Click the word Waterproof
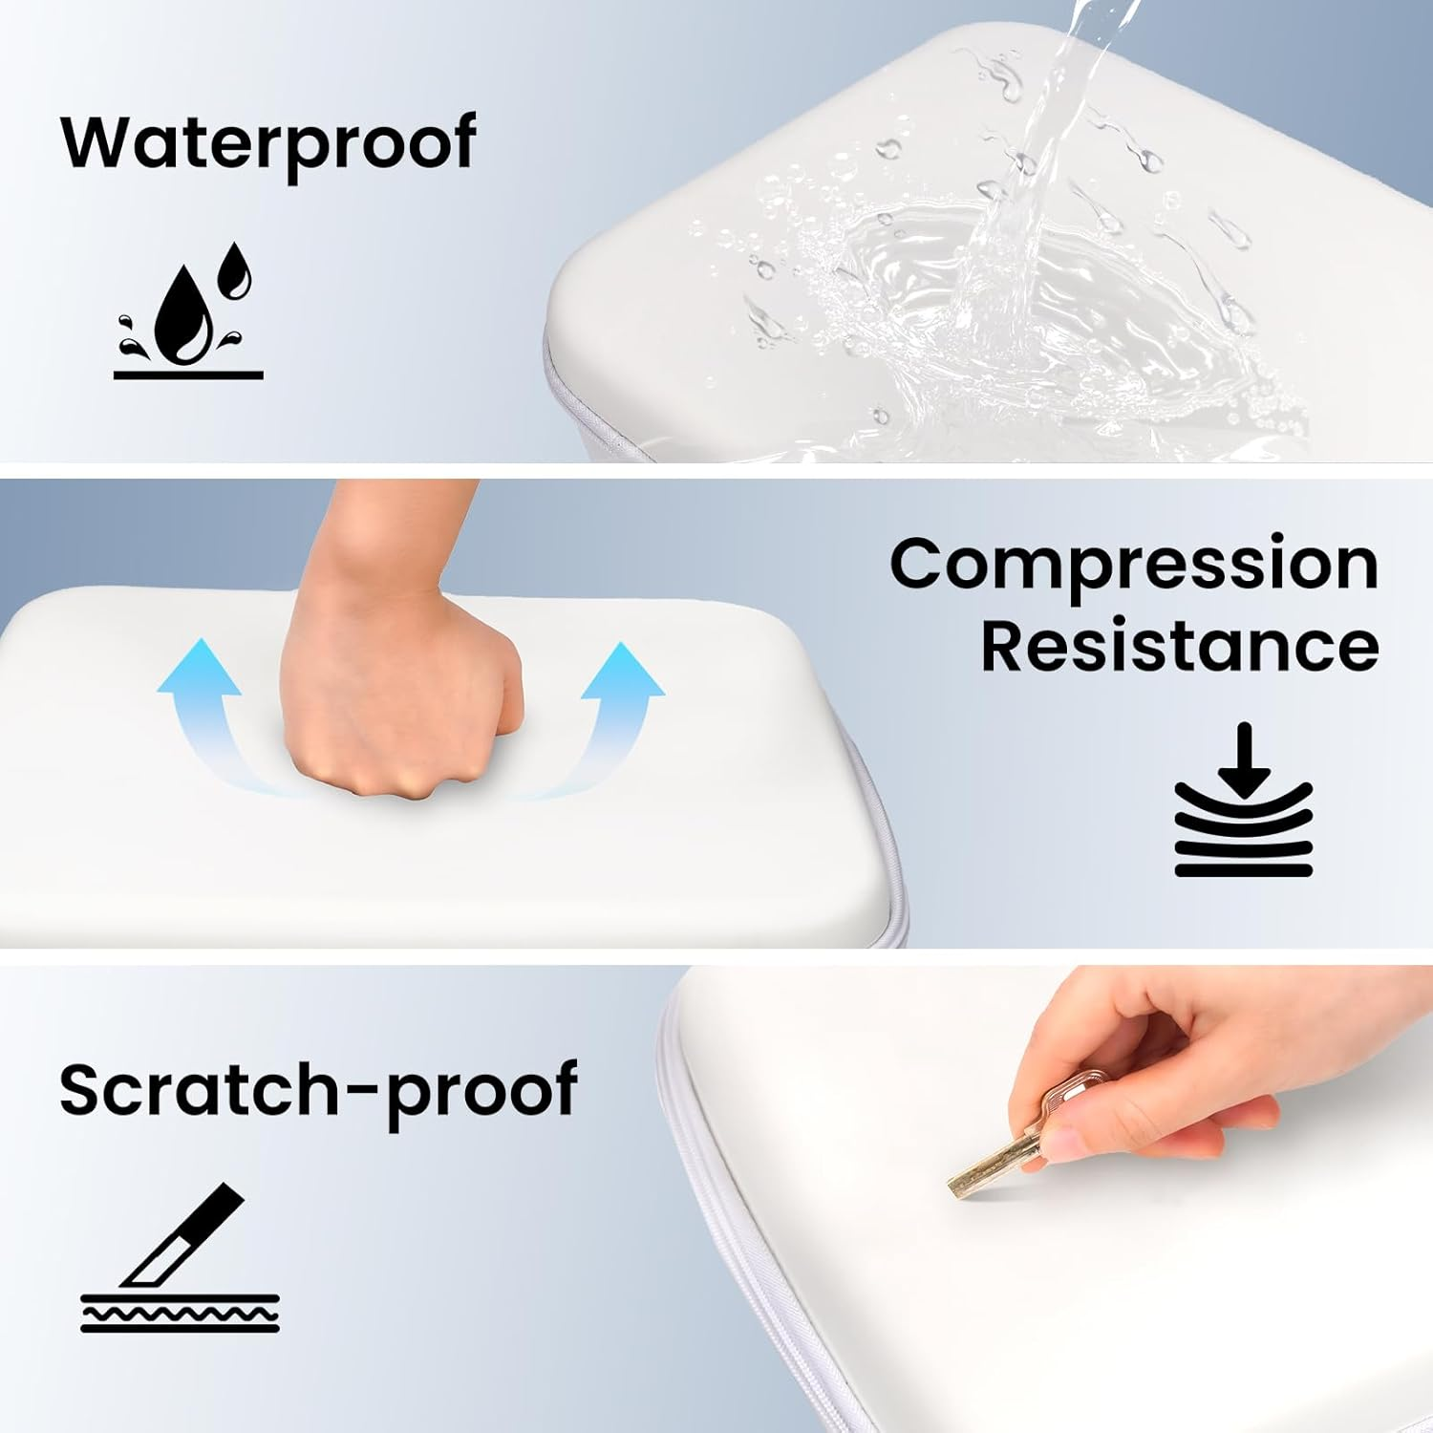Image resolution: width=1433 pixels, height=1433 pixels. pos(268,143)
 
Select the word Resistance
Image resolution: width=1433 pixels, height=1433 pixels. pos(1180,647)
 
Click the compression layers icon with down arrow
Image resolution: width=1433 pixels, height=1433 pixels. pos(1244,800)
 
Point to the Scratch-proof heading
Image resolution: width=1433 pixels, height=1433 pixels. pos(318,1091)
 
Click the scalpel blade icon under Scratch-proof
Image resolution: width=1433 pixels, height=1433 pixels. pos(180,1258)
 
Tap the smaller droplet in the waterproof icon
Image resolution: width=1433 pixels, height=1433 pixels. pos(235,269)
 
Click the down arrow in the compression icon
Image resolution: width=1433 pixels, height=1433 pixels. pos(1244,760)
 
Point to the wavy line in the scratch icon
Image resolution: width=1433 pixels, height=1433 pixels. pos(180,1314)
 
